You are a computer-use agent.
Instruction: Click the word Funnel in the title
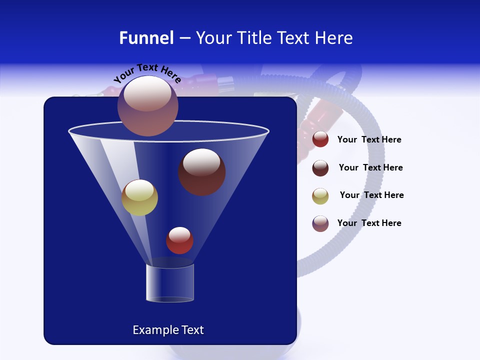tap(146, 38)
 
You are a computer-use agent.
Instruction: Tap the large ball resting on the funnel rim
tap(148, 105)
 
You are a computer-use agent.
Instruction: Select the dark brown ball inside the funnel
tap(201, 172)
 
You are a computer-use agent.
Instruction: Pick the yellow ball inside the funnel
tap(139, 197)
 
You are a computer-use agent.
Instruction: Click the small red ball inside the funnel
tap(179, 240)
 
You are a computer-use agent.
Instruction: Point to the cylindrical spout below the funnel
tap(169, 283)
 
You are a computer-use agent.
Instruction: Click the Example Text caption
tap(168, 330)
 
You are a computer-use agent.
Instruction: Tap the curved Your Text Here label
tap(147, 73)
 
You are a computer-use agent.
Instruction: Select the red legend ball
tap(320, 139)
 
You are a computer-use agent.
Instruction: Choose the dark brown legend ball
tap(320, 168)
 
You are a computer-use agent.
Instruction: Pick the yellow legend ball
tap(320, 196)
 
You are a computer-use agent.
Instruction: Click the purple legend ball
tap(320, 223)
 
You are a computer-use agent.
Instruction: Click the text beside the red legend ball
tap(369, 140)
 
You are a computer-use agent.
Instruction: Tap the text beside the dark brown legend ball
tap(370, 168)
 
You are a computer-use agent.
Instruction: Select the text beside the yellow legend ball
tap(371, 195)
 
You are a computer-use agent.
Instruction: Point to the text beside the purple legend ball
tap(369, 223)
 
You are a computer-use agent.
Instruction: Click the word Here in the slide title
tap(334, 38)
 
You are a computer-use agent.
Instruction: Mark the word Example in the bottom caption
tap(152, 330)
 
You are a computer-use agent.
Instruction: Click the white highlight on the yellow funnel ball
tap(139, 190)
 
